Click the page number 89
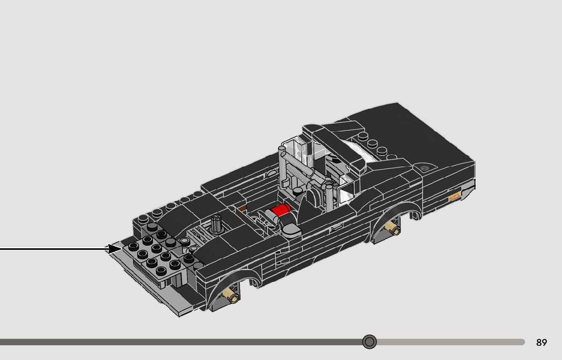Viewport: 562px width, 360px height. (542, 342)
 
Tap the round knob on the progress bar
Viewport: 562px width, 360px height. (369, 342)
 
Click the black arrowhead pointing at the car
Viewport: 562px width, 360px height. (114, 249)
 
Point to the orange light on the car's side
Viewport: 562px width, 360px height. (455, 196)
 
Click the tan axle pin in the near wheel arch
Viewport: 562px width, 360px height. (230, 295)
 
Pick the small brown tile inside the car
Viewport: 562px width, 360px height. (242, 208)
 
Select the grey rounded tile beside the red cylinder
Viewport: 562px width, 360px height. (291, 230)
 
